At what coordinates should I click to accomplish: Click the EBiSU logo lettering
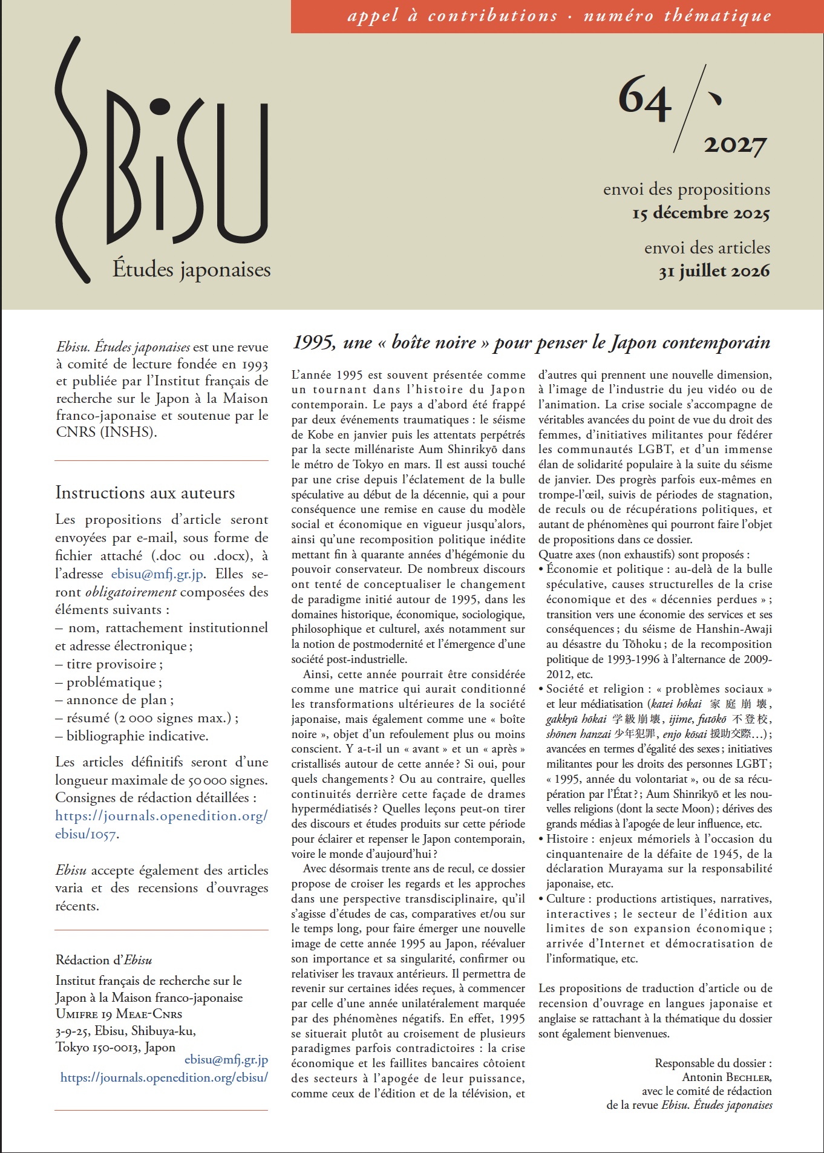[x=163, y=163]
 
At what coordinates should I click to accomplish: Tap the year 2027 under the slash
[x=735, y=145]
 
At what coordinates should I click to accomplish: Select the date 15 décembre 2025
[x=701, y=214]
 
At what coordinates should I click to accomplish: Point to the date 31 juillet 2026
[x=714, y=271]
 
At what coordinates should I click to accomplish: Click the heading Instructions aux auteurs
[x=145, y=493]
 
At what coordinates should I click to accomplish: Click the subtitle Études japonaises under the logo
[x=191, y=270]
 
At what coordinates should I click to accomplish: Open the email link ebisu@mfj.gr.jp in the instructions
[x=157, y=574]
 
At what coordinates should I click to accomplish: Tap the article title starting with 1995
[x=531, y=343]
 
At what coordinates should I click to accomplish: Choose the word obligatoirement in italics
[x=131, y=592]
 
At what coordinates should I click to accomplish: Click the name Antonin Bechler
[x=727, y=1077]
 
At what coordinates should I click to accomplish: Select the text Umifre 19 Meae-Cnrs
[x=119, y=1014]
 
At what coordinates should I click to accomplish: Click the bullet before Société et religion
[x=541, y=690]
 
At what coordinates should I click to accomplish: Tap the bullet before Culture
[x=541, y=900]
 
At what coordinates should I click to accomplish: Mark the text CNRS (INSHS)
[x=106, y=433]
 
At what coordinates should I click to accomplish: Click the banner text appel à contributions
[x=452, y=16]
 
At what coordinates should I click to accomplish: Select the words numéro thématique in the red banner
[x=677, y=16]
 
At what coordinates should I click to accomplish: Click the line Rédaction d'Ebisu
[x=103, y=960]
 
